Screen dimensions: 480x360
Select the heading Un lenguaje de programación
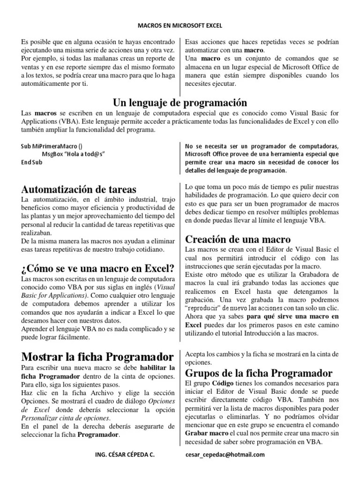point(180,103)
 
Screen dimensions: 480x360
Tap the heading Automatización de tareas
point(79,189)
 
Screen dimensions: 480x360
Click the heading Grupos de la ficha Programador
point(259,373)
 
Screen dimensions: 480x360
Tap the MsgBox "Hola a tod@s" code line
point(73,154)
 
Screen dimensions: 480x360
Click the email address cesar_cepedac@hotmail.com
point(225,454)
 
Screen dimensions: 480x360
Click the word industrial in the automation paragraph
point(124,200)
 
